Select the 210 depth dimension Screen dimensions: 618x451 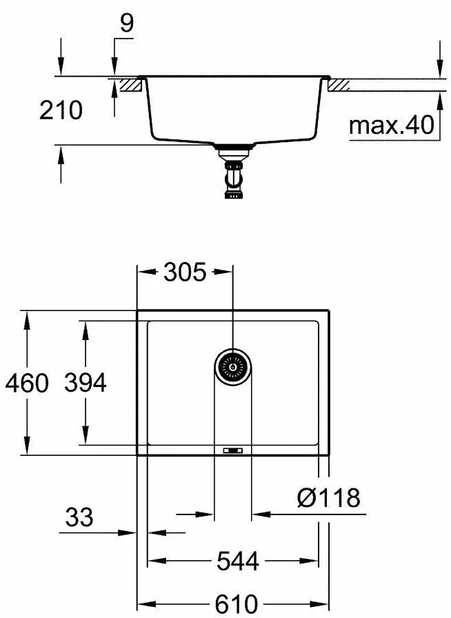(61, 110)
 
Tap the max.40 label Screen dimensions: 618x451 (391, 125)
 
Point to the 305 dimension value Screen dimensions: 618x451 (185, 272)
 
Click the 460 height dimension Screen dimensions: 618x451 (27, 383)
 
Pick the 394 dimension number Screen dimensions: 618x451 (86, 383)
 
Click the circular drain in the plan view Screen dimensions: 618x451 (232, 367)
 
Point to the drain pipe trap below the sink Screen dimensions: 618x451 (232, 177)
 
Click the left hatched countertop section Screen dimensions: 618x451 (130, 84)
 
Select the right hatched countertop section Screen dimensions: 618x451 (340, 84)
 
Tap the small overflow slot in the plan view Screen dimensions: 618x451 (232, 451)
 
